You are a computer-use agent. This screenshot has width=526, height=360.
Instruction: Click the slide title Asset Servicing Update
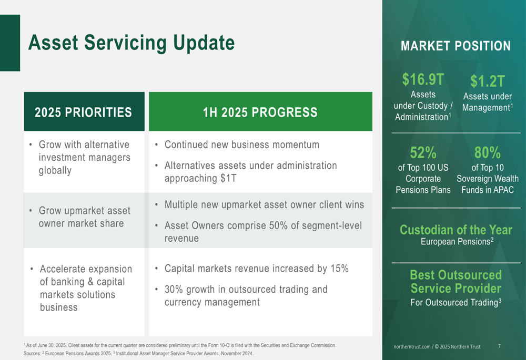click(131, 43)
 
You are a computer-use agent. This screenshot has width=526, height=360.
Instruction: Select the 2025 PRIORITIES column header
click(83, 112)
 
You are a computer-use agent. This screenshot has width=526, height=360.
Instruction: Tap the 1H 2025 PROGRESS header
click(260, 112)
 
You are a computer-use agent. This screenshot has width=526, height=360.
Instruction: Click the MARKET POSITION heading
click(456, 46)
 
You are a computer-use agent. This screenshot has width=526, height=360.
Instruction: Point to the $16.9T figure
click(423, 79)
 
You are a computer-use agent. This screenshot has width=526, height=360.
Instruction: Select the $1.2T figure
click(488, 81)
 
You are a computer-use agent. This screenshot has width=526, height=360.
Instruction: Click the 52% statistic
click(423, 152)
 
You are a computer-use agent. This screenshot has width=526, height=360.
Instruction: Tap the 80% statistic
click(488, 152)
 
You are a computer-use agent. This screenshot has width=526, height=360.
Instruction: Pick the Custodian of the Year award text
click(456, 230)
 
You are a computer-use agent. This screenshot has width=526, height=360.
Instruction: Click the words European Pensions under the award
click(456, 242)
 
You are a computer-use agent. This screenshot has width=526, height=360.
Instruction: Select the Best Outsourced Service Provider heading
click(456, 282)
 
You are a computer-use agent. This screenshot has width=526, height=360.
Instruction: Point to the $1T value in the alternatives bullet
click(228, 178)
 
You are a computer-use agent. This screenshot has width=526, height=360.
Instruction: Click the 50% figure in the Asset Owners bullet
click(278, 225)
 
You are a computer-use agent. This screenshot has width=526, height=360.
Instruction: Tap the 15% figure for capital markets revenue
click(339, 269)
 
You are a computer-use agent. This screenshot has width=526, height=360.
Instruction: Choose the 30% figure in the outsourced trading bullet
click(174, 289)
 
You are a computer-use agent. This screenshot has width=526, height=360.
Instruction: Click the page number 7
click(499, 346)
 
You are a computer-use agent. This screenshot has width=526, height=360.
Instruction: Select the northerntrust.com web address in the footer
click(412, 346)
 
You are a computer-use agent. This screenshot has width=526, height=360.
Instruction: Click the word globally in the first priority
click(55, 171)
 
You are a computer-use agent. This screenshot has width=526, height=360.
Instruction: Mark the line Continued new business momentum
click(242, 145)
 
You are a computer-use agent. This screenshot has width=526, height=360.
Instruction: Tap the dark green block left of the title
click(10, 43)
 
